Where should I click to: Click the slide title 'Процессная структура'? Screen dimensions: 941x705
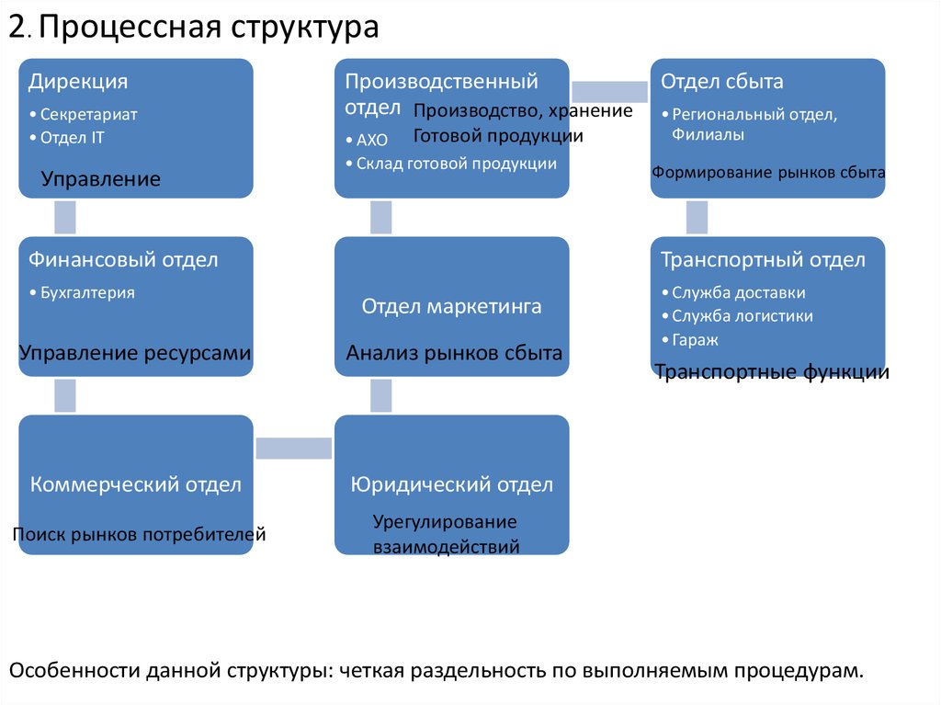tap(209, 28)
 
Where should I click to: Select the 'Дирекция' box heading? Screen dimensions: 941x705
tap(78, 82)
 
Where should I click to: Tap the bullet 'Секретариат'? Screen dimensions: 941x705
tap(89, 114)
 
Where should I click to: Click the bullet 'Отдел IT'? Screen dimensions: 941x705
tap(72, 138)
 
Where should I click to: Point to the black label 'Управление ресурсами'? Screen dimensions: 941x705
tap(135, 353)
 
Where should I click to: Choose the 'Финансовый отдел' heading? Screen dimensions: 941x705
tap(123, 259)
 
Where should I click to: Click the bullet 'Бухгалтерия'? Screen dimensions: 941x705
tap(87, 292)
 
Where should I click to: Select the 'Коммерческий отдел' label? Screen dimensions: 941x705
tap(136, 484)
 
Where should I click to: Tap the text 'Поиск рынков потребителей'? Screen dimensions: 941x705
tap(140, 534)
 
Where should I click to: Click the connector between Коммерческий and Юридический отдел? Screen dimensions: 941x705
tap(294, 449)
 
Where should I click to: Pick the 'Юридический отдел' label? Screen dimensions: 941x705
tap(452, 484)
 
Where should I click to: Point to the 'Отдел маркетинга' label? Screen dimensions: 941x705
tap(451, 306)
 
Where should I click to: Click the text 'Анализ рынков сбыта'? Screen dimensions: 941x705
tap(454, 353)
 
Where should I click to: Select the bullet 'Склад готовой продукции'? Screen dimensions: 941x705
tap(457, 164)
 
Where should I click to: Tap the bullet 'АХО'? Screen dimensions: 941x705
tap(372, 140)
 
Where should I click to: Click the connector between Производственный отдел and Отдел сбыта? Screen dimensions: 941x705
tap(610, 92)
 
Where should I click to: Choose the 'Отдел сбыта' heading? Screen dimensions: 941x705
tap(722, 82)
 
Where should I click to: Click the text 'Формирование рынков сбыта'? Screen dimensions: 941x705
tap(768, 173)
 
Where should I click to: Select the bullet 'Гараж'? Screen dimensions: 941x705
tap(695, 340)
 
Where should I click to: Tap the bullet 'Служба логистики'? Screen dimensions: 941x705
tap(743, 316)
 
